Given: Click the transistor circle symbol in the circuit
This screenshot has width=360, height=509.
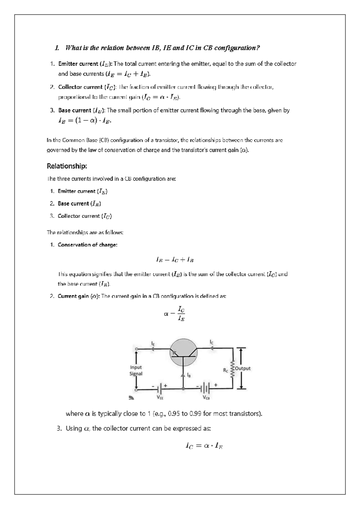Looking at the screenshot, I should [183, 353].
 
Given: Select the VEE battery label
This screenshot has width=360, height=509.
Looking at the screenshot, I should [160, 397].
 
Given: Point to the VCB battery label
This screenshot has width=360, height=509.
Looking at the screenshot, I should [206, 397].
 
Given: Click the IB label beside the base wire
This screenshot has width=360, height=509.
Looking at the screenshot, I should [189, 375].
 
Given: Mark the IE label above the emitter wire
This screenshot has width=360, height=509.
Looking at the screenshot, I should [153, 343].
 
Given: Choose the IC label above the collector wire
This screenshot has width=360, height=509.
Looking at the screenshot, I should [211, 342].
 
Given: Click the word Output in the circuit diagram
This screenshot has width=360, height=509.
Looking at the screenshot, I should [243, 368].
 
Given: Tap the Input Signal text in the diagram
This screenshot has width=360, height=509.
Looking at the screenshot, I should [136, 370].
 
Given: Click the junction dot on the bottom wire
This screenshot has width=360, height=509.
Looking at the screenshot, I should [183, 388].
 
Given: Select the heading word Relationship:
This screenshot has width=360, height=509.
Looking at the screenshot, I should [67, 166].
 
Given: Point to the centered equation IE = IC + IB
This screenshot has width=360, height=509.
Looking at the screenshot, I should [175, 260].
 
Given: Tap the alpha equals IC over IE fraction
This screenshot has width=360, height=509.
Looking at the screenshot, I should [175, 314].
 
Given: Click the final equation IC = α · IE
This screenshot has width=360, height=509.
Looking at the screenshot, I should [204, 446].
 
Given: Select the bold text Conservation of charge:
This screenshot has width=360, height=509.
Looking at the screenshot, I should [87, 245].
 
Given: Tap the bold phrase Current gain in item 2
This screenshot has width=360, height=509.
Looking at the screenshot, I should [73, 296].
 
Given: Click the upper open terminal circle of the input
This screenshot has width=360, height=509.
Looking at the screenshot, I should [136, 349].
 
